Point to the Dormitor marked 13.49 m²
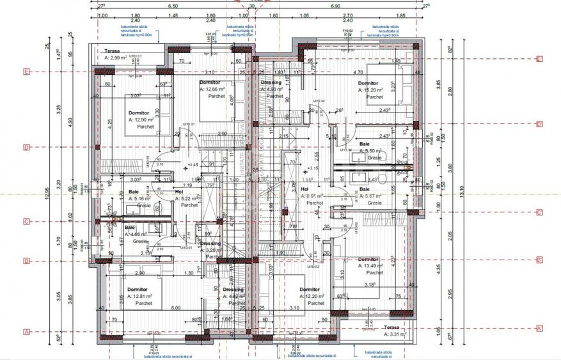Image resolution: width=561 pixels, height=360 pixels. pos(370,266)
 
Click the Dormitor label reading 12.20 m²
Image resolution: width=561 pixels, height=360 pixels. pos(313,297)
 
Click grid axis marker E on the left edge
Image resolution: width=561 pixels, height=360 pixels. pos(26,72)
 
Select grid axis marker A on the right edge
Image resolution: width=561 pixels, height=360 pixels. pos(539,328)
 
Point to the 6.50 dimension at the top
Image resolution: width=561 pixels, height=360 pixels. pos(173,6)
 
